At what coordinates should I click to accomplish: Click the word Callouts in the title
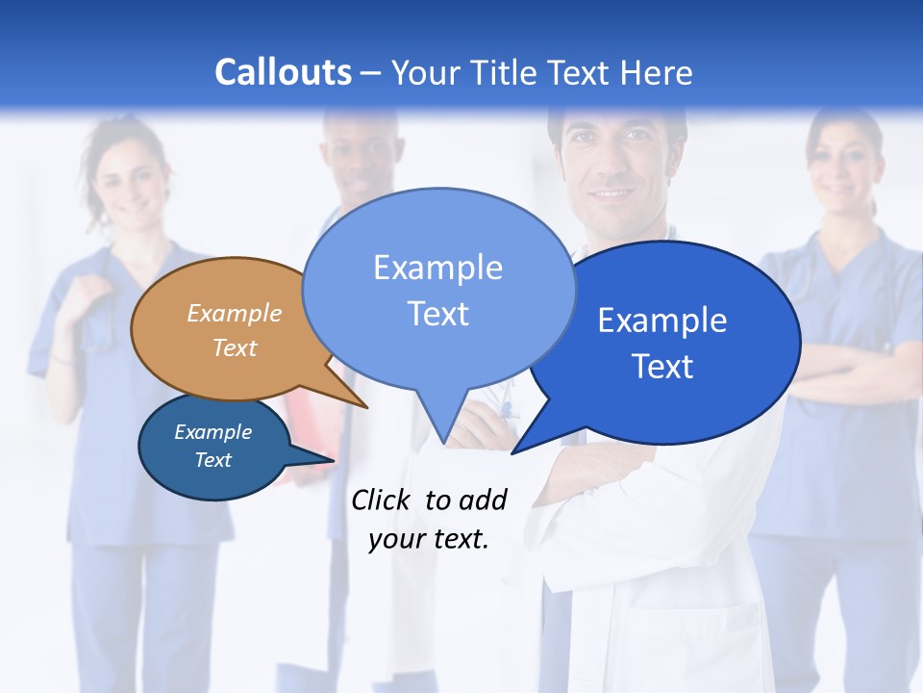click(283, 72)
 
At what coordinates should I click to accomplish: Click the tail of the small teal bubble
click(322, 460)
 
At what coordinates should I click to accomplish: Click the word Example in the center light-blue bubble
click(437, 268)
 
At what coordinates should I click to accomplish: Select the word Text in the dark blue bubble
click(662, 367)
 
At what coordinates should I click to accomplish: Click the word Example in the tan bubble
click(235, 313)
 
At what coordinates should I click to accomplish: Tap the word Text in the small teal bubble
click(212, 460)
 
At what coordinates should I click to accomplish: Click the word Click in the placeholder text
click(381, 500)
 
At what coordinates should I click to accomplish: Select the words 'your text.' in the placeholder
click(429, 539)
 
